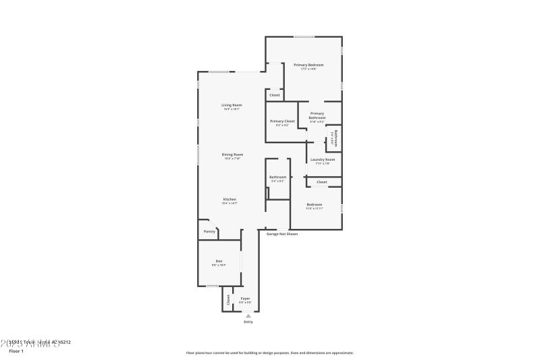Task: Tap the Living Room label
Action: coord(232,105)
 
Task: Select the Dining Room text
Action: coord(232,154)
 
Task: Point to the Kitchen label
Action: coord(230,199)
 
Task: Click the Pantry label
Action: coord(209,232)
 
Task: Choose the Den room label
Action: coord(219,261)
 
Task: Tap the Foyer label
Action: coord(245,298)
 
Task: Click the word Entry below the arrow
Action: coord(248,322)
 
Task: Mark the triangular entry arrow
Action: coord(248,315)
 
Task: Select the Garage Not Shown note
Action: coord(281,234)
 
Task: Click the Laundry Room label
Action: coord(322,159)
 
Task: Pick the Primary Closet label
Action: coord(281,121)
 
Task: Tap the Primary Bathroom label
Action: coord(317,115)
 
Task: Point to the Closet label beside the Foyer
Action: coord(228,299)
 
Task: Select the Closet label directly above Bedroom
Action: coord(322,182)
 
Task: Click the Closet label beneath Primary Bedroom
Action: coord(275,95)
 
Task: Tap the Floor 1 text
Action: coord(16,351)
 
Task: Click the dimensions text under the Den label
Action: coord(219,265)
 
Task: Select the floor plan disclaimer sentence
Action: coord(269,353)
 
